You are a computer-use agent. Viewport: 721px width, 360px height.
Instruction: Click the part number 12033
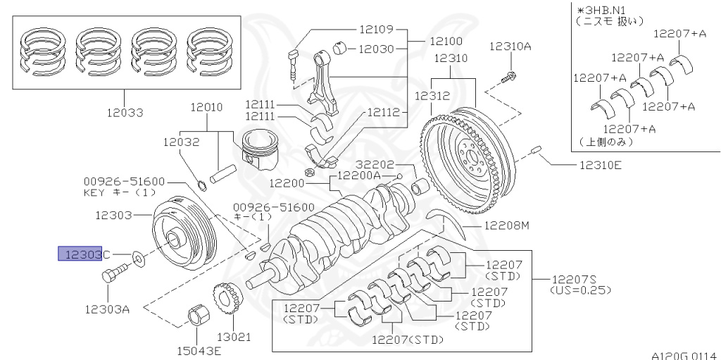point(125,113)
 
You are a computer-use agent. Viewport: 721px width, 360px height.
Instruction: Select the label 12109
point(377,30)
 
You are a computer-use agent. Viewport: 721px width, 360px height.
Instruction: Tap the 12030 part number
point(377,49)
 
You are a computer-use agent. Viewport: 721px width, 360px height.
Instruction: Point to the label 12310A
point(510,46)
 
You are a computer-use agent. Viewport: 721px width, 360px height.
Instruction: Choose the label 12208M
point(507,225)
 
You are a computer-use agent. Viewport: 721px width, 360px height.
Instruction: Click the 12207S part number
point(574,280)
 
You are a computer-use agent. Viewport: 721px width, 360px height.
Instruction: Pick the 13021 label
point(234,337)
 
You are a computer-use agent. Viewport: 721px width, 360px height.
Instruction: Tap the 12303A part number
point(107,309)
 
